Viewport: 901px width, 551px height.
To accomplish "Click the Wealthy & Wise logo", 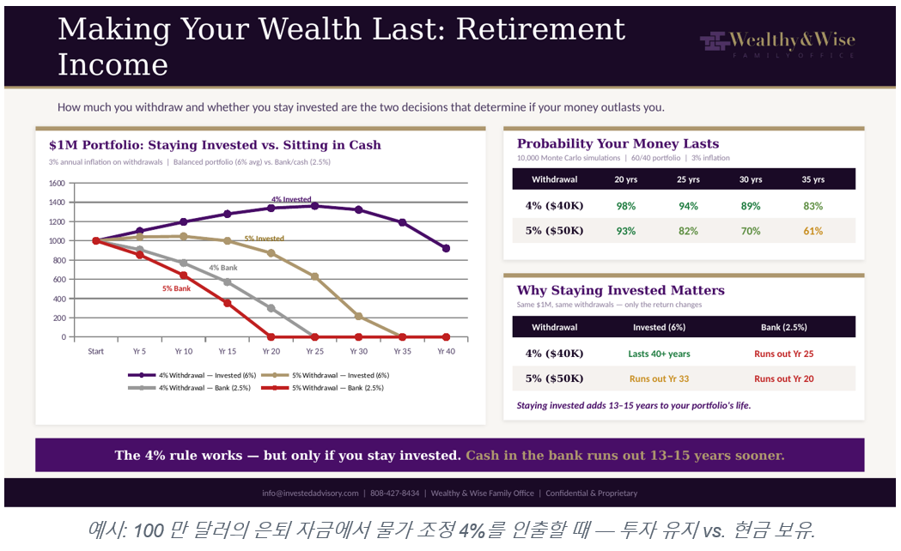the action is [777, 43].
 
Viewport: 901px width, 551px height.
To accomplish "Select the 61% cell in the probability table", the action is [813, 231].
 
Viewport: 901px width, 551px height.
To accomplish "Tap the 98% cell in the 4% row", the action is [626, 206].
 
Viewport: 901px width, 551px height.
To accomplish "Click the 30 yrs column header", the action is [751, 179].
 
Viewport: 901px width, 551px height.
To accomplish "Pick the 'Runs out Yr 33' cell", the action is [659, 378].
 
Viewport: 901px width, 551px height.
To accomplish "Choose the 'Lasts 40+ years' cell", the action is [659, 354].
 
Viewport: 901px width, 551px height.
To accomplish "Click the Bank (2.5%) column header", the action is [784, 327].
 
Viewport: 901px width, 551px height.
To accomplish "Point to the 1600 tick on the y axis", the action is [57, 183].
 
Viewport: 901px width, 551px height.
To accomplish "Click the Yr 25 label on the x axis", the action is [315, 351].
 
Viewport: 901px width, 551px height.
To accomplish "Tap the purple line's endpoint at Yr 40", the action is [446, 249].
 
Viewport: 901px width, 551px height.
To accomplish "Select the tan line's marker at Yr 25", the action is [315, 276].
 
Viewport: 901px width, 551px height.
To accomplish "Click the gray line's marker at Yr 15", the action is [228, 282].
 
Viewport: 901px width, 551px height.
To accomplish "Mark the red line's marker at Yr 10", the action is [184, 275].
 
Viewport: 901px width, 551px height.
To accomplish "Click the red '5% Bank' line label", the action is [176, 288].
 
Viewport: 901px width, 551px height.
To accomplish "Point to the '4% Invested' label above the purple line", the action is [291, 199].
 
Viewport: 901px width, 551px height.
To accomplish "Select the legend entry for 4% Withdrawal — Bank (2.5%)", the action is [190, 388].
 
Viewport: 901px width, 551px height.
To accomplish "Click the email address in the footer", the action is [310, 493].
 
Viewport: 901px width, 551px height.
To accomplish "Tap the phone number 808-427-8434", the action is [395, 493].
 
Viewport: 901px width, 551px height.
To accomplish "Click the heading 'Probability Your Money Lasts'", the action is [618, 143].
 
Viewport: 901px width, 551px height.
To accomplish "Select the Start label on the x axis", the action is [96, 351].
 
